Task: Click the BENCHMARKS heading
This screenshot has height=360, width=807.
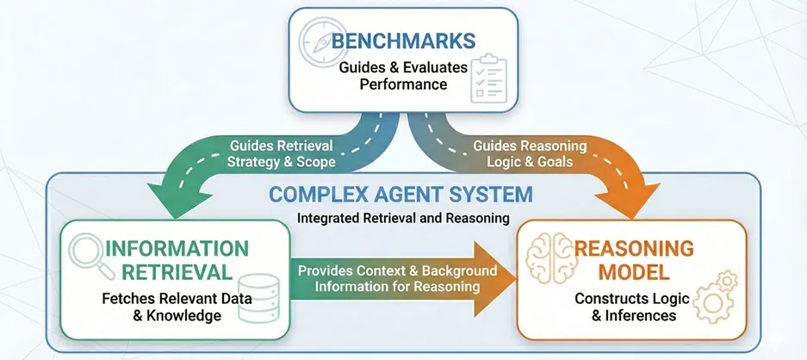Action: pos(405,40)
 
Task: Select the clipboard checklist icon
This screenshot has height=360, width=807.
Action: pos(488,76)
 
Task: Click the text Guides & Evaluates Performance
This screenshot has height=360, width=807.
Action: pos(404,76)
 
